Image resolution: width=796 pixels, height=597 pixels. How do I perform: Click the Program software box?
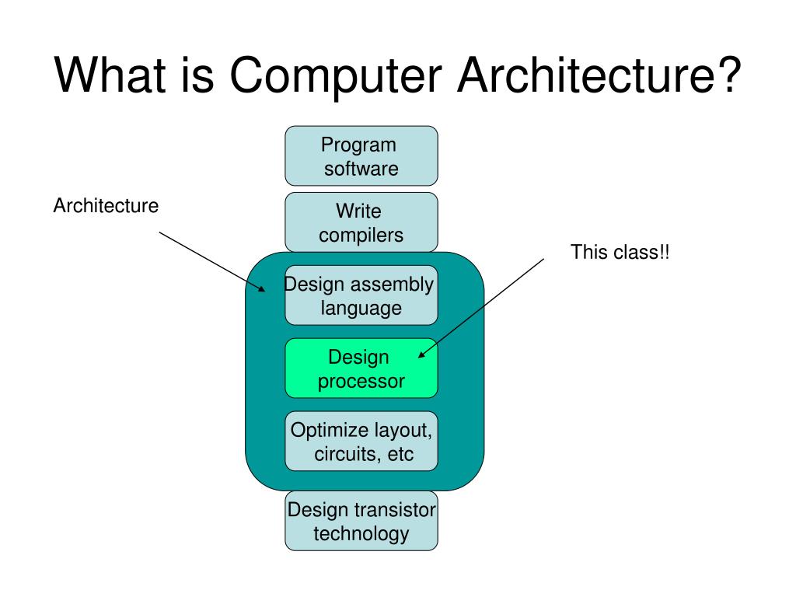pos(361,156)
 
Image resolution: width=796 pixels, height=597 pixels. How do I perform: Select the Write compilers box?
pos(361,222)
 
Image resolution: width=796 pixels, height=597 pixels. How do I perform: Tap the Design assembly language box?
pos(361,295)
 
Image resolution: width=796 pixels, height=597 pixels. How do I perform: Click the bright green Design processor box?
pos(361,368)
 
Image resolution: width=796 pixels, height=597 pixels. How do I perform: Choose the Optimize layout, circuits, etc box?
pos(361,441)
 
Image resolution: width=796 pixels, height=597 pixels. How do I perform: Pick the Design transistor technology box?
pos(361,521)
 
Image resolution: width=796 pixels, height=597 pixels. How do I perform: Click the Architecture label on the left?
pos(106,206)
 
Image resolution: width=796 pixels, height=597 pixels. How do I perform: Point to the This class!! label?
pos(620,253)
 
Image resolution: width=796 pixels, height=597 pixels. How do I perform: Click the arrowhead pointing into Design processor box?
pos(422,355)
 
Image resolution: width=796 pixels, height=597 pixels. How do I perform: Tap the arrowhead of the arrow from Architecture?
pos(263,289)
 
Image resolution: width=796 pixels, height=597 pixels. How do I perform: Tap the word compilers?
pos(361,236)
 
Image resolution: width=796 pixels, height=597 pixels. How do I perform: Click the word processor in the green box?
pos(361,382)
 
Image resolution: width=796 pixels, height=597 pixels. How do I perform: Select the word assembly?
pos(390,285)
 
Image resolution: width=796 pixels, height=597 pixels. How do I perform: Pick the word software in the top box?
pos(361,169)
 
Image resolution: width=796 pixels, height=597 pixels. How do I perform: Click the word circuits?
pos(345,454)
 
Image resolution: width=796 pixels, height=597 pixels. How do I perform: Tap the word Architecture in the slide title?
pos(582,76)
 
